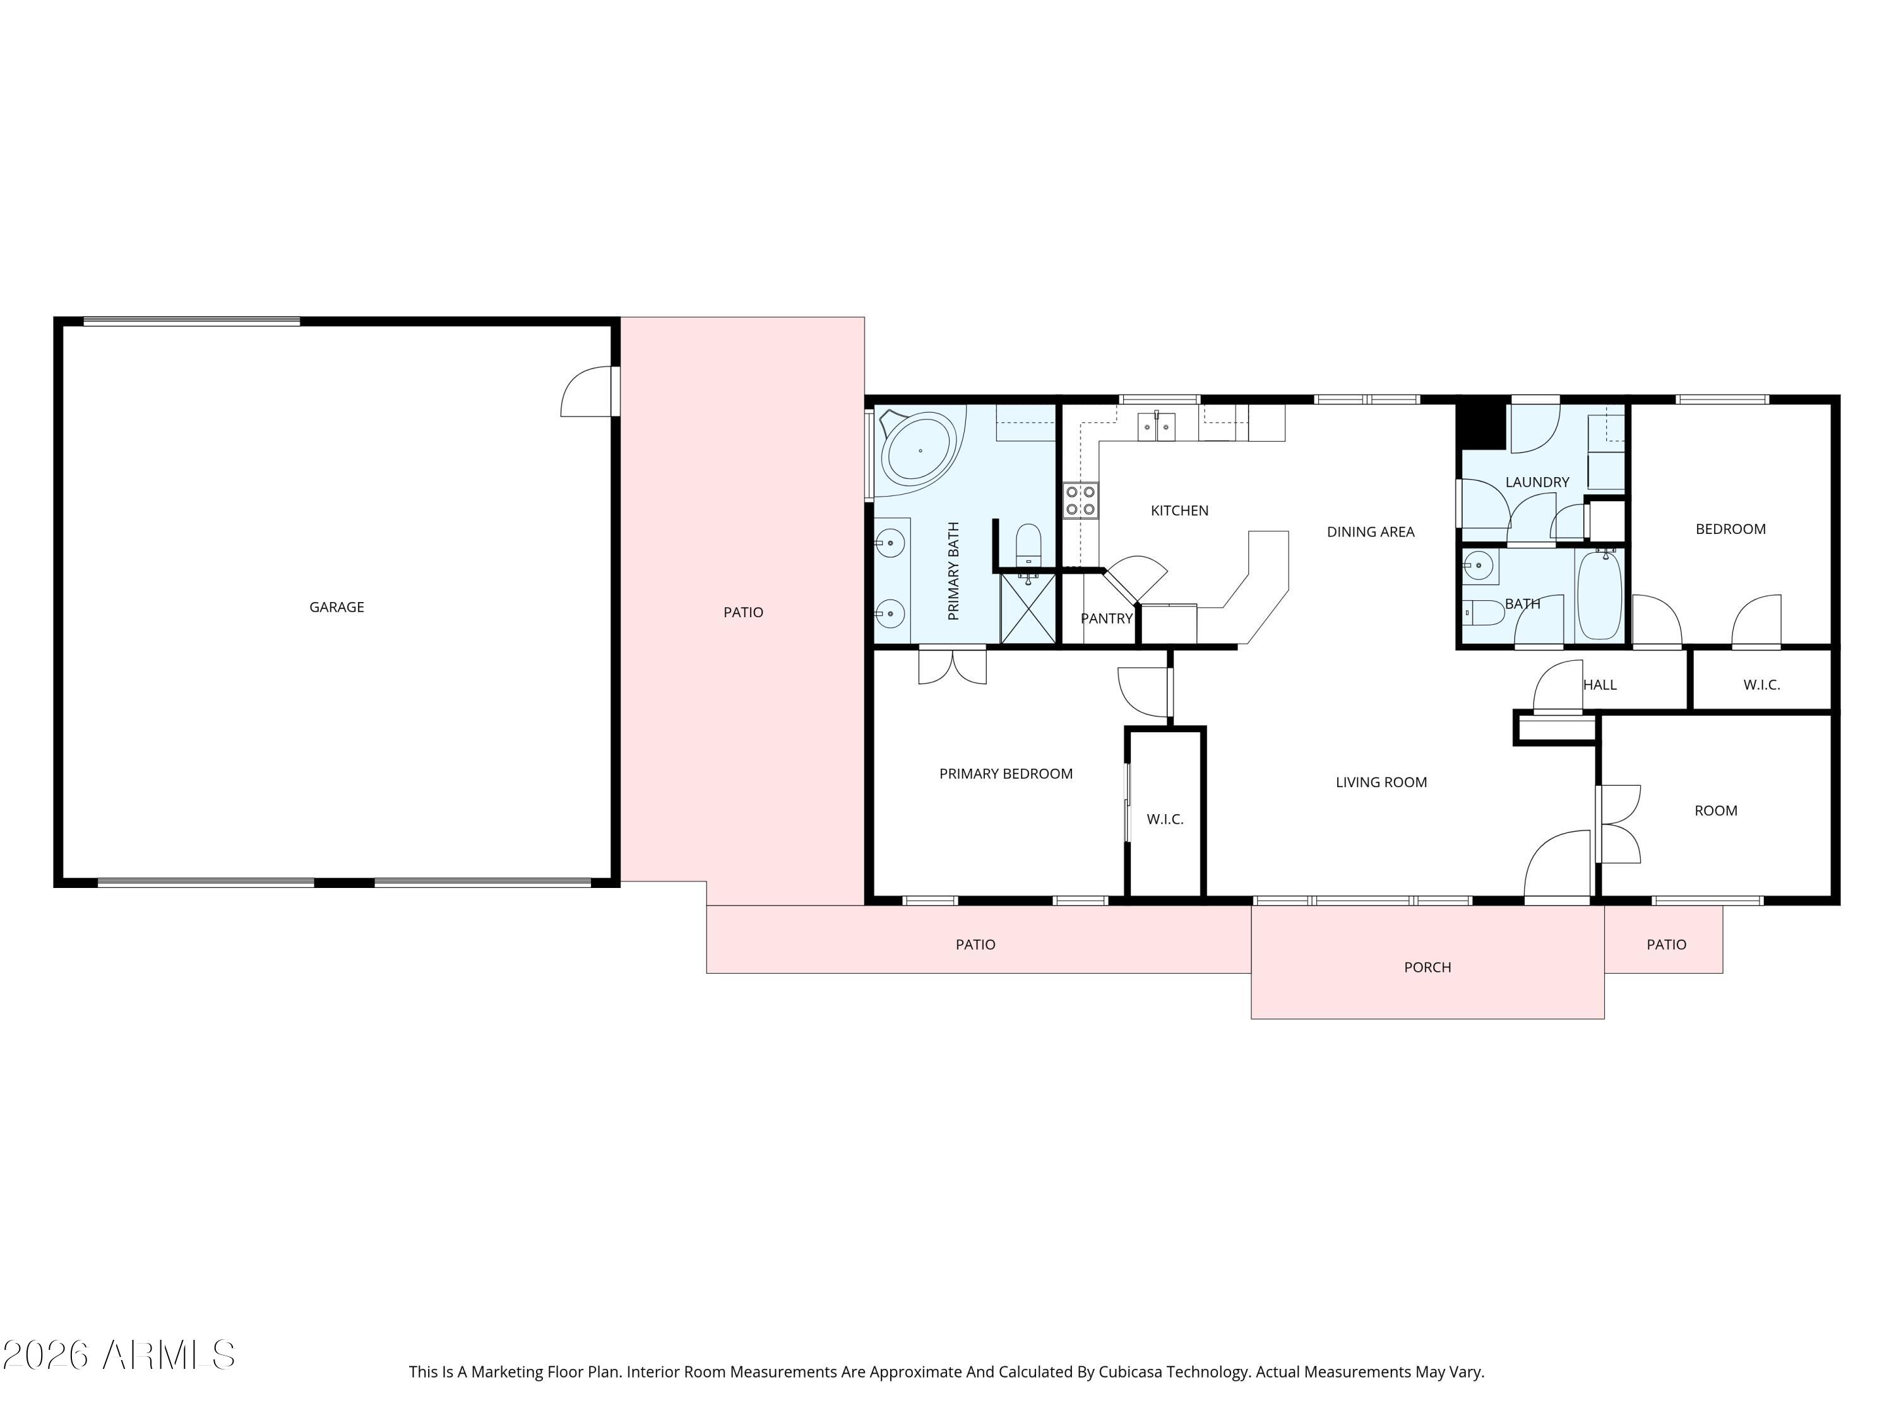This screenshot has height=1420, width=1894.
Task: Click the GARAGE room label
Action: [337, 607]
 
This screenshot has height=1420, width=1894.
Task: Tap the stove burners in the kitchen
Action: [1081, 500]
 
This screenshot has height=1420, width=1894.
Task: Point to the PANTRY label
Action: [1106, 618]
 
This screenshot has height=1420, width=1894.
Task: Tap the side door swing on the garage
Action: [587, 394]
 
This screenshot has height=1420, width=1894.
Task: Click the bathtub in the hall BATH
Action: [1599, 596]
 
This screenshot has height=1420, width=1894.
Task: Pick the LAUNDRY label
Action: [1537, 482]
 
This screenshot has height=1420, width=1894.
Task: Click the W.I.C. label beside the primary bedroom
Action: [1164, 819]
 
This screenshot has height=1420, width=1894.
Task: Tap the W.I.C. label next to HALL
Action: [1761, 685]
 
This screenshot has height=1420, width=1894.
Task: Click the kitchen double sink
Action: [1157, 426]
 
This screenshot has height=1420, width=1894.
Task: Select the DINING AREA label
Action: [1370, 531]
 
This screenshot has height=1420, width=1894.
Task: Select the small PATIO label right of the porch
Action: [1665, 944]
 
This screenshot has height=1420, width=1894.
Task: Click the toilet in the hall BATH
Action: [1483, 613]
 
